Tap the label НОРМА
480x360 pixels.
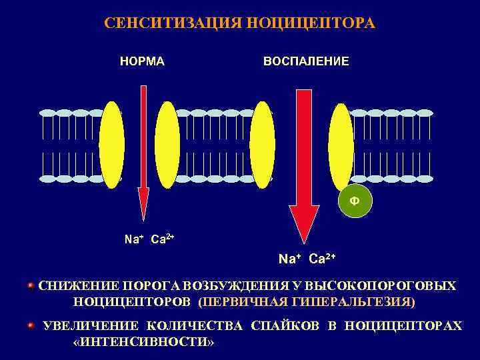point(142,61)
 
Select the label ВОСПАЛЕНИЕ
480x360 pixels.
point(306,61)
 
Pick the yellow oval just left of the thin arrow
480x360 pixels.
point(111,145)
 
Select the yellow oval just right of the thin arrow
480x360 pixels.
point(167,145)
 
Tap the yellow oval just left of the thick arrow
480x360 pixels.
point(262,145)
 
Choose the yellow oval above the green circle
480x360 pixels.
point(341,145)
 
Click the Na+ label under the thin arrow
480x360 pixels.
point(133,239)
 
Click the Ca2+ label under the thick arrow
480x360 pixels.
point(322,259)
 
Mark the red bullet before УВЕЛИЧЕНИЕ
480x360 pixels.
point(31,325)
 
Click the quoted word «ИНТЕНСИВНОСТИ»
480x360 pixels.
point(143,341)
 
